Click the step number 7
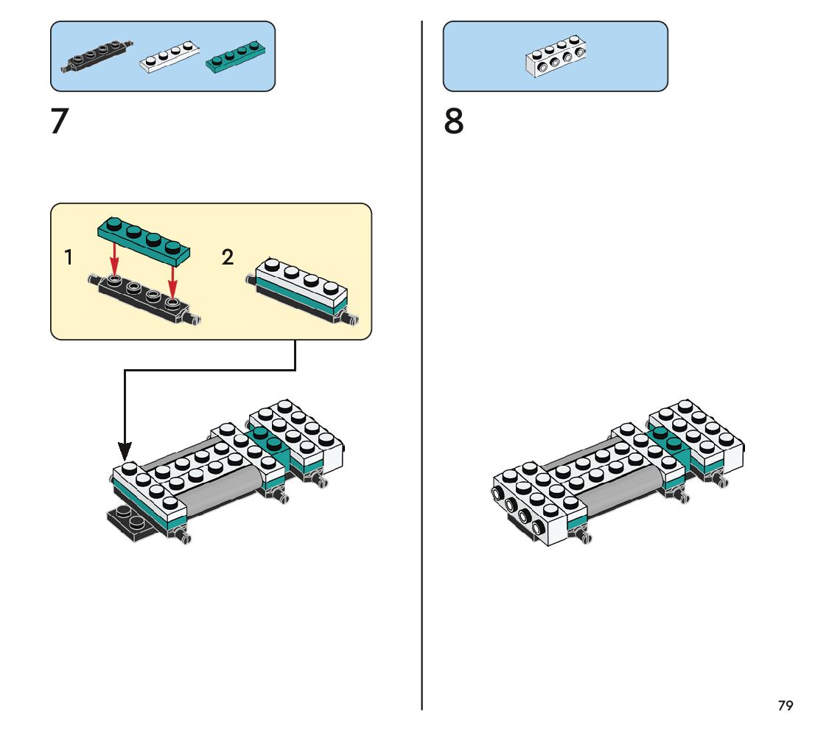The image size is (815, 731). coord(59,122)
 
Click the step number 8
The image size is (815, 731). coord(454,122)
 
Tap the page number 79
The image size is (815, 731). coord(786,706)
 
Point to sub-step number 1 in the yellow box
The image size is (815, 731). coord(69,258)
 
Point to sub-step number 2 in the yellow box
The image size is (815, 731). coord(228,257)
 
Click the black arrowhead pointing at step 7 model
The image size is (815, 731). coord(125,450)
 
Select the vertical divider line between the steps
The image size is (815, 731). coord(422,368)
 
